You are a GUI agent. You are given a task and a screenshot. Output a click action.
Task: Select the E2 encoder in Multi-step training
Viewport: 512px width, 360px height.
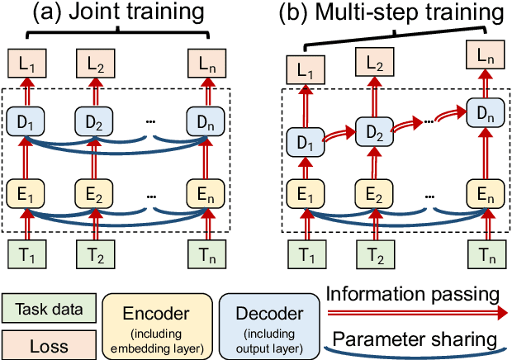pos(372,195)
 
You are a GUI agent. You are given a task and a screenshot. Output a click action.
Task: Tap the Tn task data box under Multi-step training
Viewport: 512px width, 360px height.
pos(487,253)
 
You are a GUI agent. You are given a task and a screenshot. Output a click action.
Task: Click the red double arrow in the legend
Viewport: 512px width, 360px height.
pos(420,315)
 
